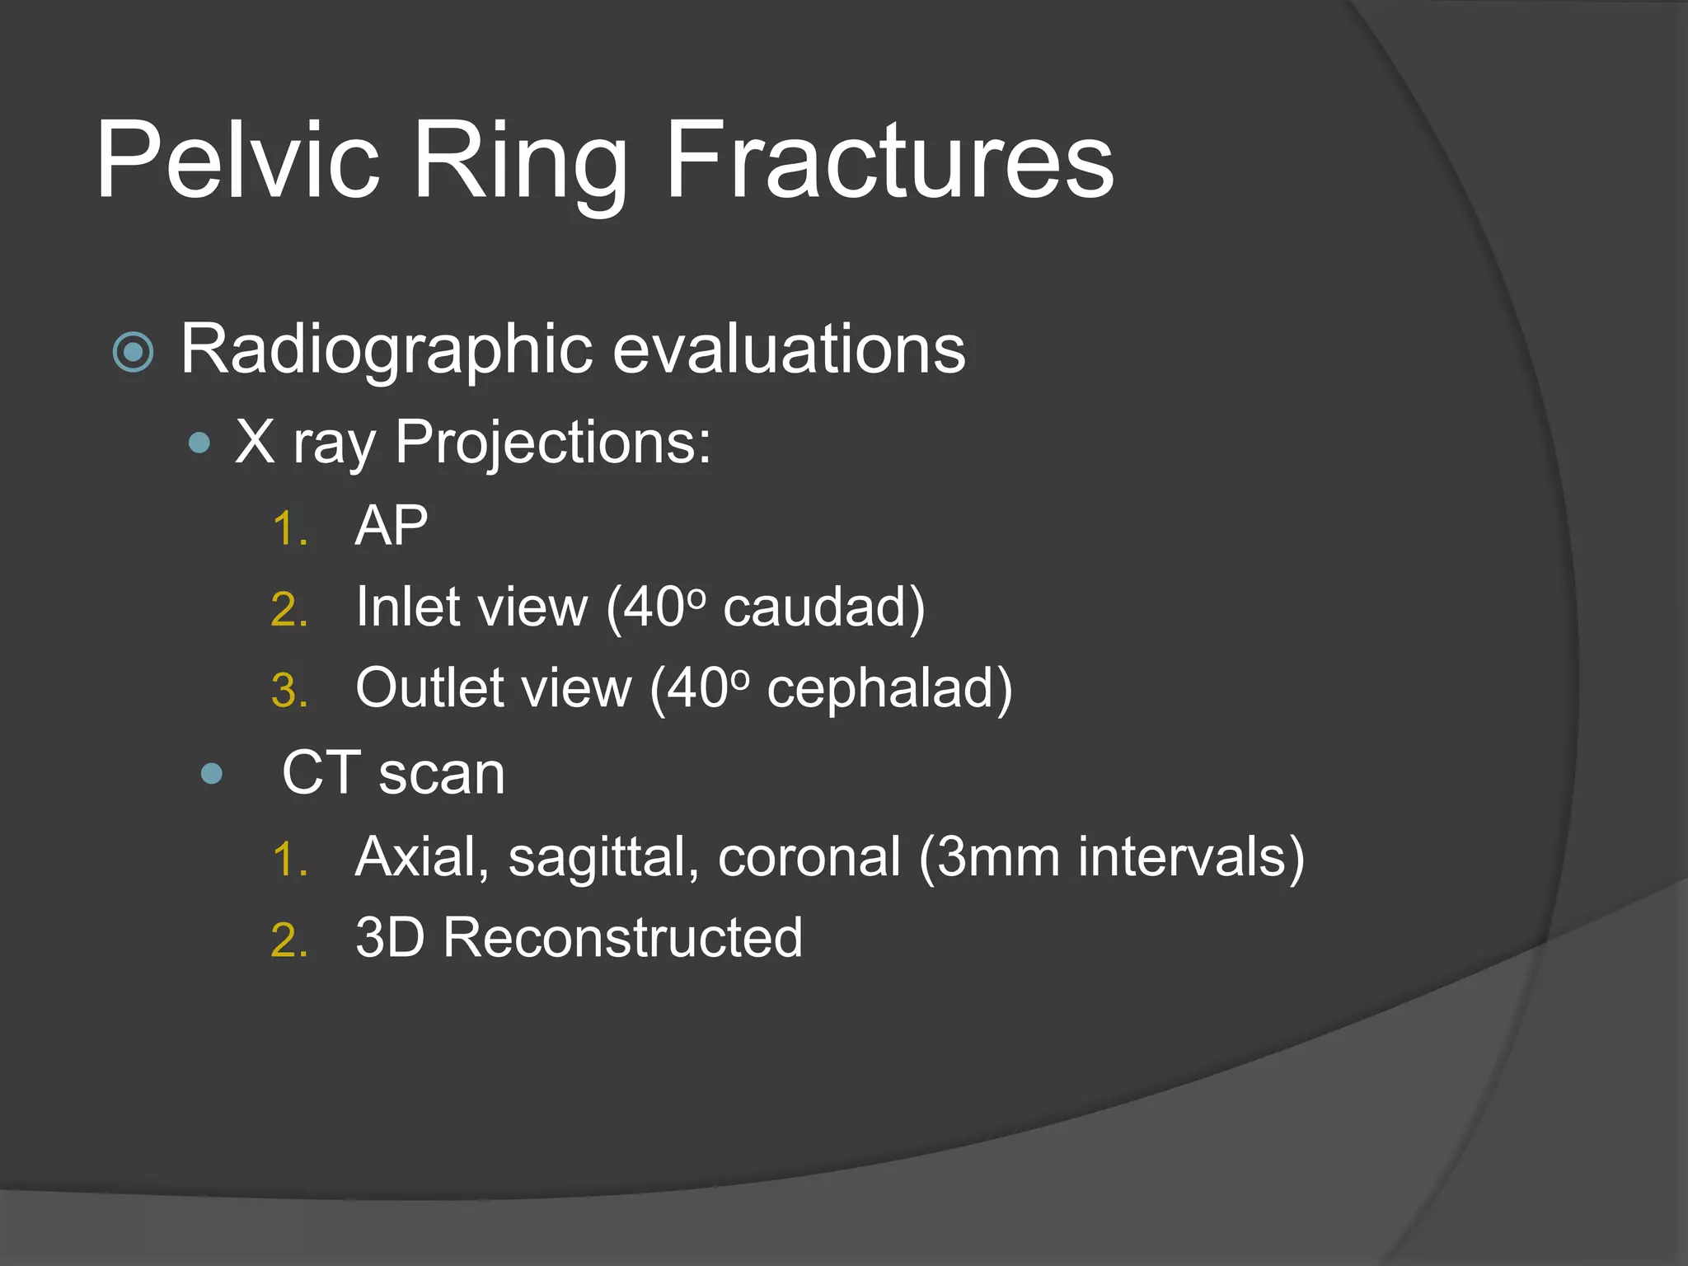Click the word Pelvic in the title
click(x=238, y=160)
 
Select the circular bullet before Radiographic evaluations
click(x=133, y=353)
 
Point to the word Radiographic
click(x=386, y=350)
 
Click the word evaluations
click(x=789, y=350)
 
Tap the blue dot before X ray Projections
click(x=199, y=444)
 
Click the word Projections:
click(x=552, y=443)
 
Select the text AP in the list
click(x=391, y=526)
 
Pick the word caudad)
click(x=824, y=608)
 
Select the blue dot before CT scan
click(x=212, y=773)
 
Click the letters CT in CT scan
click(x=321, y=773)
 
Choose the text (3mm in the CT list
click(x=988, y=858)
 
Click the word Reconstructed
click(x=622, y=938)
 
